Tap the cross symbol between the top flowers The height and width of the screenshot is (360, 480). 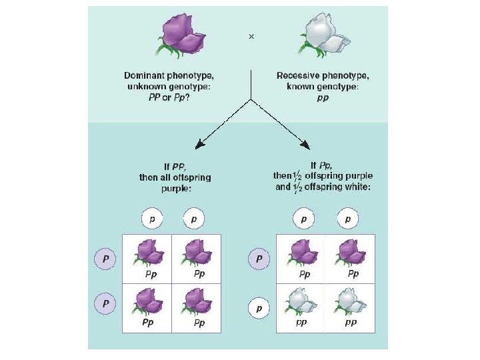point(251,37)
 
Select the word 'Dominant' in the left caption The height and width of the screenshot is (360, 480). point(145,76)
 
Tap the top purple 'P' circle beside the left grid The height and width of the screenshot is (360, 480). point(103,259)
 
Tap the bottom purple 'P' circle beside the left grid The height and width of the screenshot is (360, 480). point(103,303)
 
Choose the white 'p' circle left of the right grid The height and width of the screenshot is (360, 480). point(259,309)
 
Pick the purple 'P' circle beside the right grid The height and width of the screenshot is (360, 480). point(259,258)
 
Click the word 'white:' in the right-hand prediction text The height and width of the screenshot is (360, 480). point(356,187)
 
